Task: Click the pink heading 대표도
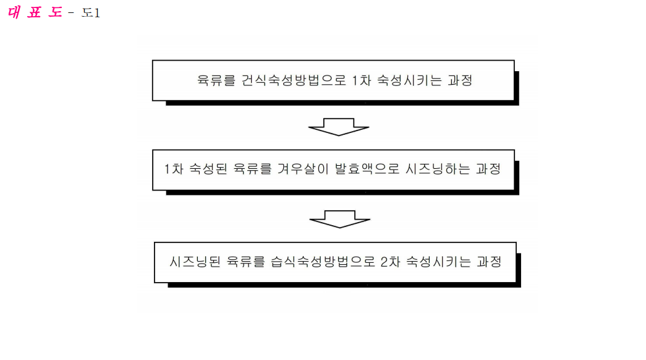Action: coord(35,12)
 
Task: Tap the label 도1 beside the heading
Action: coord(91,13)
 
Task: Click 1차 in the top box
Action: coord(362,80)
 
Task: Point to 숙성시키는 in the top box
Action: coord(410,80)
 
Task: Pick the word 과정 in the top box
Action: coord(460,80)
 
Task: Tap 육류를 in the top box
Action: coord(216,80)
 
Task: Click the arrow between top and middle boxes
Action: coord(339,127)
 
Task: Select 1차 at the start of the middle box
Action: coord(174,169)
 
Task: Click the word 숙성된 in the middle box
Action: coord(208,169)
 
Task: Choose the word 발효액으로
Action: coord(367,169)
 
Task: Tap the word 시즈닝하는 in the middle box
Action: coord(438,169)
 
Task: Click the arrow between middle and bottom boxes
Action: coord(340,220)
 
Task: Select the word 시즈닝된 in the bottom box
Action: coord(195,262)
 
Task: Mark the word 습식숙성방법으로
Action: coord(323,262)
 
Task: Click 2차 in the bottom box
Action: coord(391,262)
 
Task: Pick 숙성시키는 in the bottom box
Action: coord(439,262)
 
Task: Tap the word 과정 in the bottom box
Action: coord(490,262)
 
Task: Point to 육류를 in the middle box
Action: coord(253,169)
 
